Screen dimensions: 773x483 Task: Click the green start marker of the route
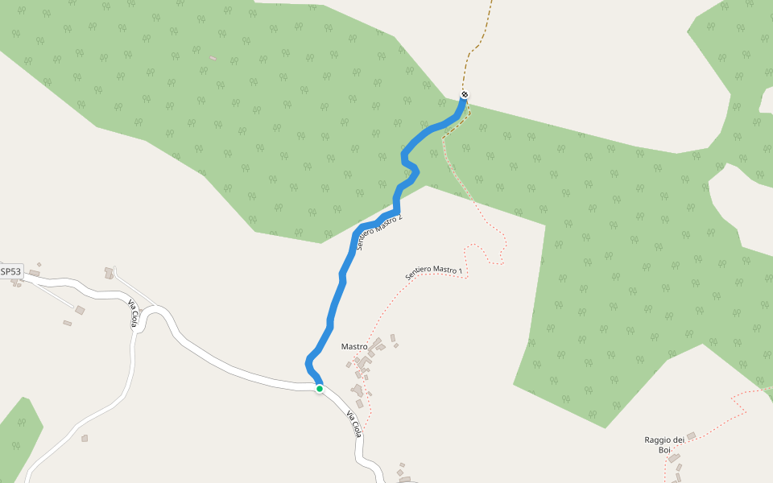click(320, 389)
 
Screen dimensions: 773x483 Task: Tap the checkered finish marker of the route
click(465, 96)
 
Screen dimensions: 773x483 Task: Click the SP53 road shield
click(11, 272)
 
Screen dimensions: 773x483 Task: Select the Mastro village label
click(354, 347)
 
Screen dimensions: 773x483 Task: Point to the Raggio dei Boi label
click(664, 444)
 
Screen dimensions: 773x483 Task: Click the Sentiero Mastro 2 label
click(378, 233)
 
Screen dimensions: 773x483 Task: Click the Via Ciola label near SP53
click(133, 313)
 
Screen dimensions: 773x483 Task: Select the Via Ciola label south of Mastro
click(353, 423)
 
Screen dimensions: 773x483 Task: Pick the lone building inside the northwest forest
click(213, 58)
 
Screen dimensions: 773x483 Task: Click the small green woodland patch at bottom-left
click(21, 427)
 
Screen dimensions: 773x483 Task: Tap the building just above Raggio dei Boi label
click(691, 436)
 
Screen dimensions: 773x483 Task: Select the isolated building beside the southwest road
click(85, 438)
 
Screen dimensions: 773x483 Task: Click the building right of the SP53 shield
click(35, 274)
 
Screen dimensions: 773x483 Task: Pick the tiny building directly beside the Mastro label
click(376, 344)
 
